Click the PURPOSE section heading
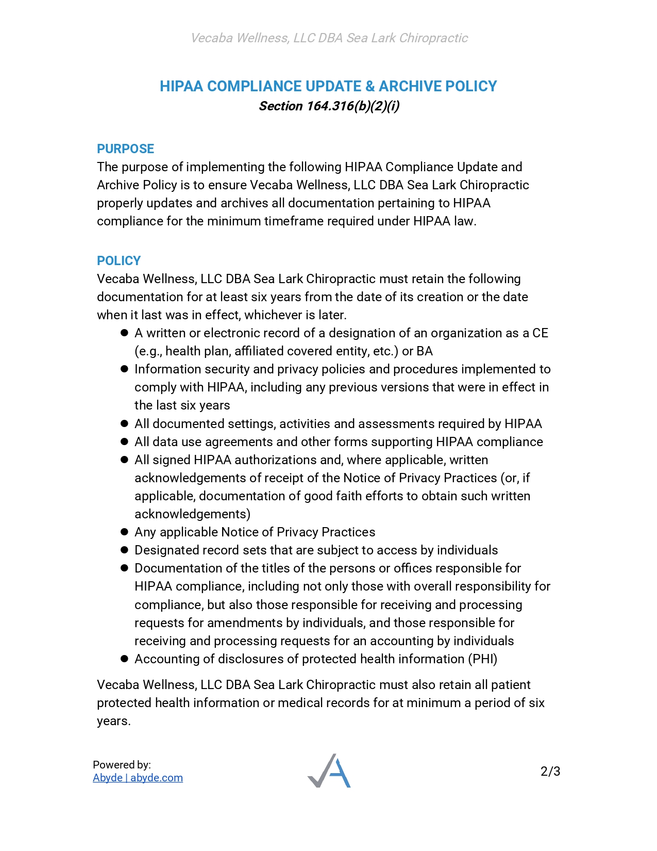coord(125,149)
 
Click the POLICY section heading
coord(119,260)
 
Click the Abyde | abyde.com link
coord(138,778)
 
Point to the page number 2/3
coord(550,772)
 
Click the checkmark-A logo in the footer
coord(329,771)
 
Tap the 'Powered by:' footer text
coord(122,765)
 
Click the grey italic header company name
coord(329,38)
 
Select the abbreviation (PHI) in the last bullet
coord(482,659)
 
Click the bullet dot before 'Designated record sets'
coord(124,550)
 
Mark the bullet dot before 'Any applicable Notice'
coord(124,532)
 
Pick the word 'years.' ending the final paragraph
coord(114,721)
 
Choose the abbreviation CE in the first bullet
coord(540,333)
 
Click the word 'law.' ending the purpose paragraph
coord(465,221)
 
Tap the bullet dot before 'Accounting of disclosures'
coord(124,659)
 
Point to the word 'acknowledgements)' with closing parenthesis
coord(192,514)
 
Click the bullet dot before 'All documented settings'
coord(124,424)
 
